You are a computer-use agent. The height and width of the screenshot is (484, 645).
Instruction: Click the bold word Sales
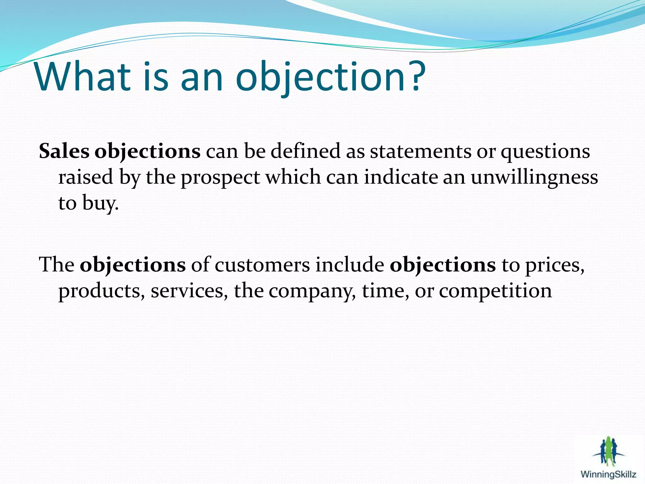(x=64, y=151)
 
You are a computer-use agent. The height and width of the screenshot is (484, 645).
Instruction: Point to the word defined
(x=305, y=151)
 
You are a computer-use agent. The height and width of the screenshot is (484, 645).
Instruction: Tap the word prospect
(x=220, y=177)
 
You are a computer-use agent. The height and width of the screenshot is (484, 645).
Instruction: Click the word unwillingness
(x=534, y=177)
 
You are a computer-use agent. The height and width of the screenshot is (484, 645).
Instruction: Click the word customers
(x=262, y=265)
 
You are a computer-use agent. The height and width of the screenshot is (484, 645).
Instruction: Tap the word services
(x=189, y=291)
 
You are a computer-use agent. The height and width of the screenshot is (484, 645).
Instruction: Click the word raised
(x=86, y=177)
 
